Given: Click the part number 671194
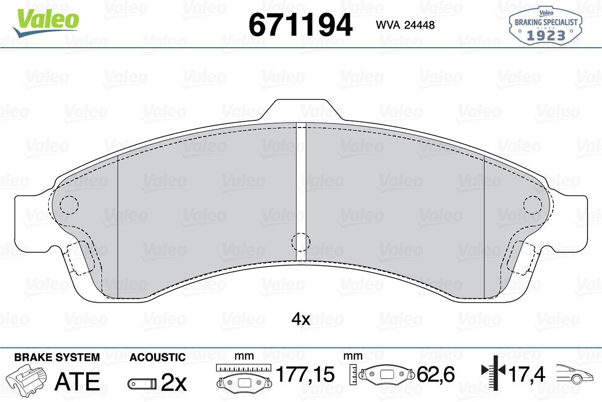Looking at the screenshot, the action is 300,25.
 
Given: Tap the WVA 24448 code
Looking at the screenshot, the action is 405,25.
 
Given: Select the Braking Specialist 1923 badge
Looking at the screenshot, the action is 546,26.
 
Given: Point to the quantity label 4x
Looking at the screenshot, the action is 300,319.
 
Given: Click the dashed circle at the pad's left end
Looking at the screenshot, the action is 69,205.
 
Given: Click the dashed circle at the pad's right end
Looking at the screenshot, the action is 532,205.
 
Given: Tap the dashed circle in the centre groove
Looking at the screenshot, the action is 300,242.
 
